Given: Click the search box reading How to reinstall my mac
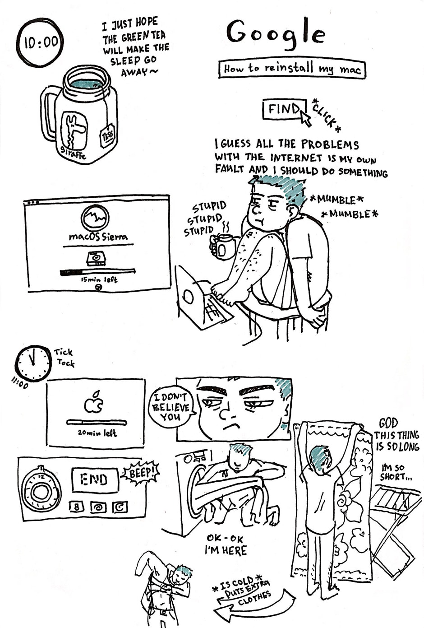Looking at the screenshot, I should pyautogui.click(x=292, y=69).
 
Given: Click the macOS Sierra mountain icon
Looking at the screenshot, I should pyautogui.click(x=95, y=218).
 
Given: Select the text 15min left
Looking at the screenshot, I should pyautogui.click(x=99, y=280).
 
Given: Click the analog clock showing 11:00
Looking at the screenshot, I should pyautogui.click(x=33, y=363).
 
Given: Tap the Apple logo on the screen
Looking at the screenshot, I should pyautogui.click(x=94, y=402).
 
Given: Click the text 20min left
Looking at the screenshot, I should pyautogui.click(x=97, y=433).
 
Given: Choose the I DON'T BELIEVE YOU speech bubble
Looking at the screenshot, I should pyautogui.click(x=171, y=407).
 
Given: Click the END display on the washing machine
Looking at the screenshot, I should pyautogui.click(x=94, y=479).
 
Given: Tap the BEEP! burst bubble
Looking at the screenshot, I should pyautogui.click(x=142, y=473).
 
